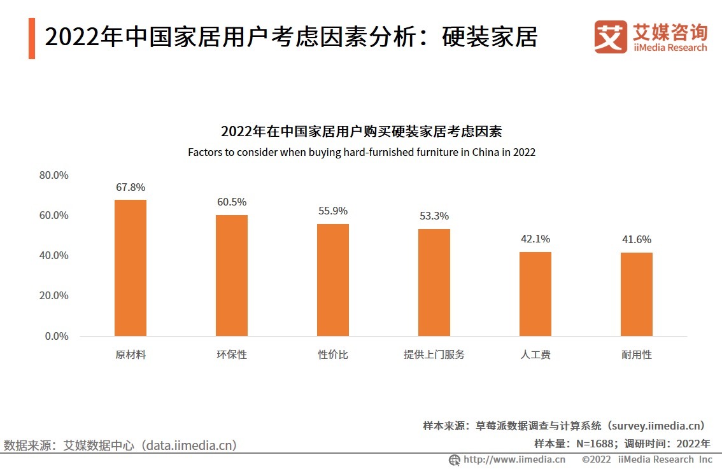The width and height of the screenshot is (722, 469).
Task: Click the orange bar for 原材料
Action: (131, 268)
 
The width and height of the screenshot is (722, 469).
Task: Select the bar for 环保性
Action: (232, 276)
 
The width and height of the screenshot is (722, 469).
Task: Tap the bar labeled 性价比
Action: (333, 280)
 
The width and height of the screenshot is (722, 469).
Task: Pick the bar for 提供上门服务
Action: (434, 283)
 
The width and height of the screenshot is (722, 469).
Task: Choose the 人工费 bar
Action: (535, 294)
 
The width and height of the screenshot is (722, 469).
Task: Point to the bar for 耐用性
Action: (637, 295)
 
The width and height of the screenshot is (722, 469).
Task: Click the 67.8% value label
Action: (131, 188)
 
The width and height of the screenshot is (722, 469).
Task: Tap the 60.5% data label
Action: (232, 202)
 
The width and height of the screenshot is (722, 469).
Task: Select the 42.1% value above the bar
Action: (535, 239)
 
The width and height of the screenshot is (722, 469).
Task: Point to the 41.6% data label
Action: (637, 240)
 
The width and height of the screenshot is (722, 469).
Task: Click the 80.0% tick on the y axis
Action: (53, 175)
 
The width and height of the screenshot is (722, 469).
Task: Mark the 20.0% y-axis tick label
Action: (53, 296)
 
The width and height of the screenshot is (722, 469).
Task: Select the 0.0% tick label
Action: (57, 336)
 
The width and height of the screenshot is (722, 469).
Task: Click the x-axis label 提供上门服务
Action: (434, 354)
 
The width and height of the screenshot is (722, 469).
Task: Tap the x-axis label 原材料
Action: (131, 354)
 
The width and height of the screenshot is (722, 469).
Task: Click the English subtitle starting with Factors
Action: (361, 153)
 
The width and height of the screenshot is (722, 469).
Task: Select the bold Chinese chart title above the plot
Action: (361, 132)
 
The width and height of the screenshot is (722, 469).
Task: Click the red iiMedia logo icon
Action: (611, 37)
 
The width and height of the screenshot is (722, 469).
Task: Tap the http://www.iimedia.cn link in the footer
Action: (514, 459)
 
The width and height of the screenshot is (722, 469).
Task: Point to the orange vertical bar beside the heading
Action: (32, 38)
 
